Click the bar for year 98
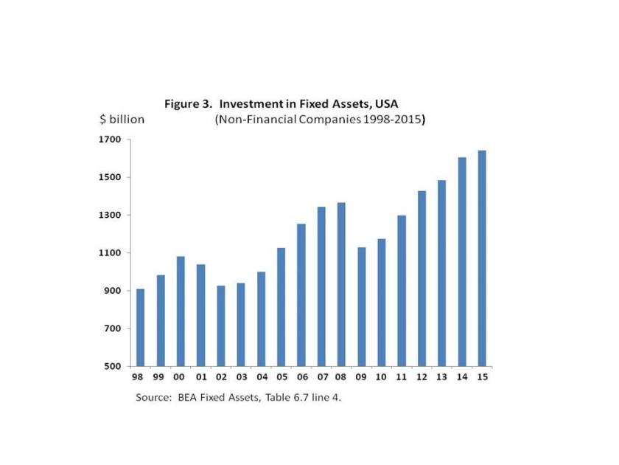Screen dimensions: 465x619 141,327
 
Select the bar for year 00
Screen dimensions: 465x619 181,311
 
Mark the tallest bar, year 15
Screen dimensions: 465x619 482,258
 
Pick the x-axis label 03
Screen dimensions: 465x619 241,377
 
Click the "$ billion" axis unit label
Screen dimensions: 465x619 122,119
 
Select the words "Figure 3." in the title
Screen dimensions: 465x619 188,104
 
